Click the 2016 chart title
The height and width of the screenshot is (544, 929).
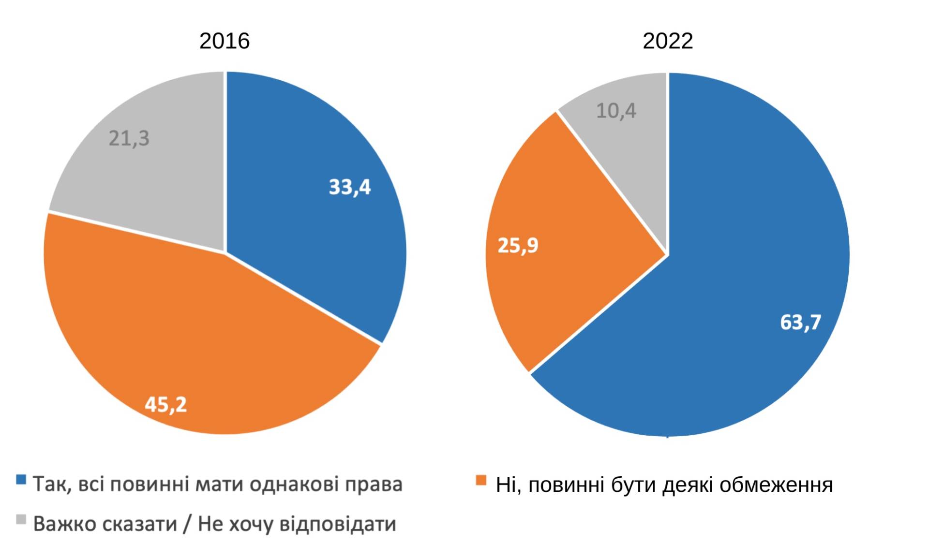(x=225, y=41)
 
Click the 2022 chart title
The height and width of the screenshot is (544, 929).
(x=668, y=41)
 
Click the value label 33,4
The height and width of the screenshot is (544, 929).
(x=350, y=187)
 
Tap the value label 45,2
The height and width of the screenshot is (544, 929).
(x=165, y=404)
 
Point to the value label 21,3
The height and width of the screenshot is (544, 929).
(x=129, y=139)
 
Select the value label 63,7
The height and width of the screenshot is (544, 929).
(x=801, y=322)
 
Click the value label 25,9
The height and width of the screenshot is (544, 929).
(x=518, y=246)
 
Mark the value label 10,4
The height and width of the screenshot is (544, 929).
(x=616, y=111)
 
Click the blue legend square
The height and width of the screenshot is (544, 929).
(x=21, y=480)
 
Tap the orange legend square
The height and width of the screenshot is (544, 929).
(x=481, y=480)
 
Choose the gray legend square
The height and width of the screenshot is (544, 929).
(x=21, y=519)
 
